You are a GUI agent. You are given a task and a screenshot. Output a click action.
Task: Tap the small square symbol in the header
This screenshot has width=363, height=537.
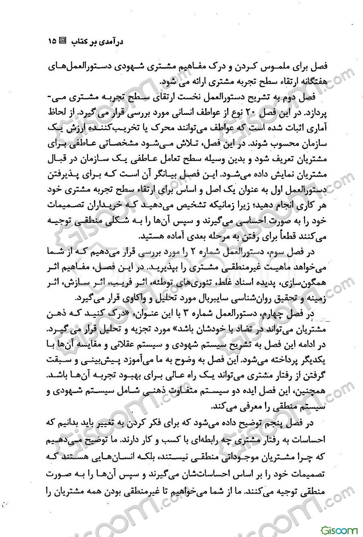click(63, 41)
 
